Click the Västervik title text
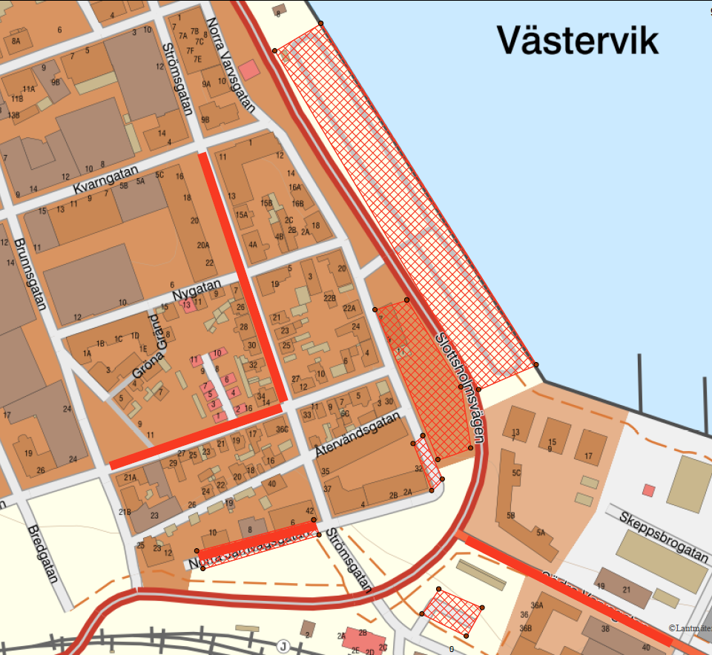(577, 39)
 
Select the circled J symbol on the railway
(283, 647)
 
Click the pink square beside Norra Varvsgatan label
(249, 70)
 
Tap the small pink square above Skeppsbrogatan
(649, 490)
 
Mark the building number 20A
(202, 246)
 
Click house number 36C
(281, 429)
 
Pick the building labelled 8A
(15, 42)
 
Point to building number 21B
(125, 512)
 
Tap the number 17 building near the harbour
(589, 455)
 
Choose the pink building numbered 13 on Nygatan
(187, 305)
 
